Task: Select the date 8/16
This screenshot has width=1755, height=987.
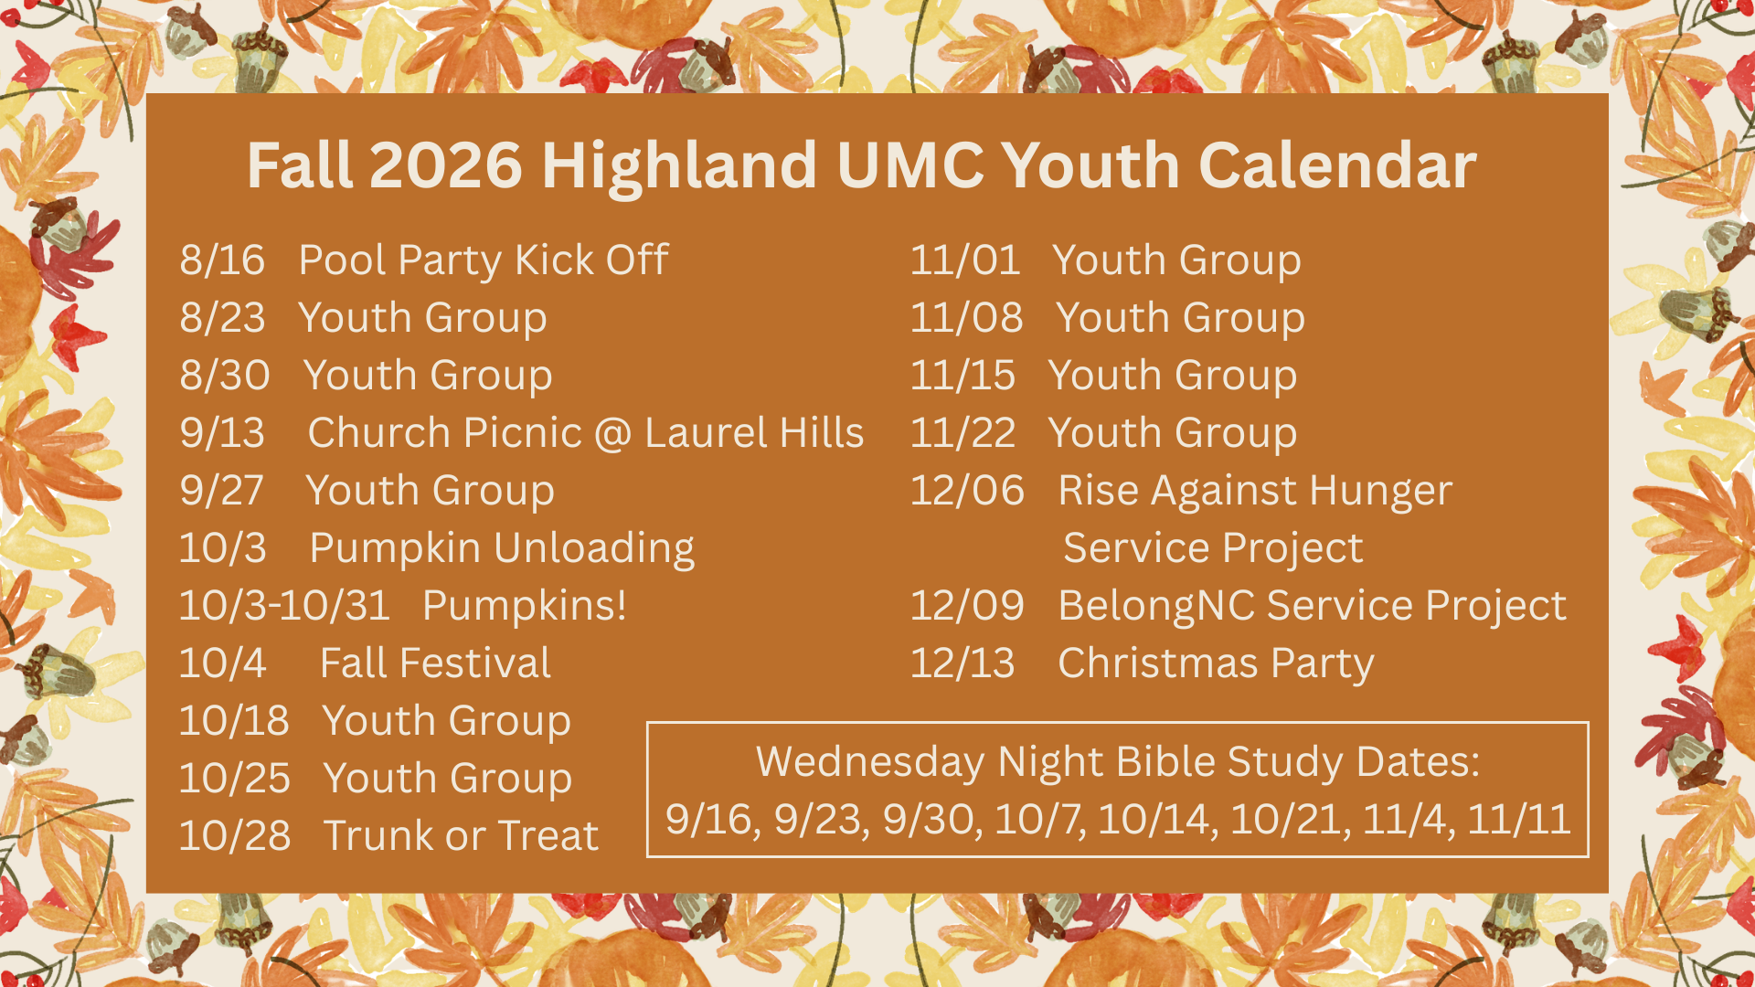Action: (222, 260)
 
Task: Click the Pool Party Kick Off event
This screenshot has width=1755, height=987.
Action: (484, 261)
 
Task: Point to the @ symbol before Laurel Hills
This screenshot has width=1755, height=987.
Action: (612, 434)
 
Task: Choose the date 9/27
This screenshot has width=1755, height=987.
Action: (221, 491)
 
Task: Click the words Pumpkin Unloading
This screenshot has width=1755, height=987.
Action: (502, 549)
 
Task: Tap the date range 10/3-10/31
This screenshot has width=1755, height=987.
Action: (284, 606)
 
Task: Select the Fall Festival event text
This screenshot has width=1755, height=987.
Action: (435, 663)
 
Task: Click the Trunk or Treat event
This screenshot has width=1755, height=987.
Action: (461, 836)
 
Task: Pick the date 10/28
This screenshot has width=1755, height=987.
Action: (235, 836)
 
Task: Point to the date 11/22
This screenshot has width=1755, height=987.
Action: (963, 433)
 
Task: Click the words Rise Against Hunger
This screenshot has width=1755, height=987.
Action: (1255, 492)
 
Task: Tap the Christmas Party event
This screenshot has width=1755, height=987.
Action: (1216, 664)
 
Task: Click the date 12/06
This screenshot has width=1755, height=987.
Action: (967, 491)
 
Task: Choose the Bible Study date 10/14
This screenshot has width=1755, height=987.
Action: (1157, 820)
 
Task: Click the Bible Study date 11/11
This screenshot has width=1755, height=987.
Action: (1518, 820)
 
